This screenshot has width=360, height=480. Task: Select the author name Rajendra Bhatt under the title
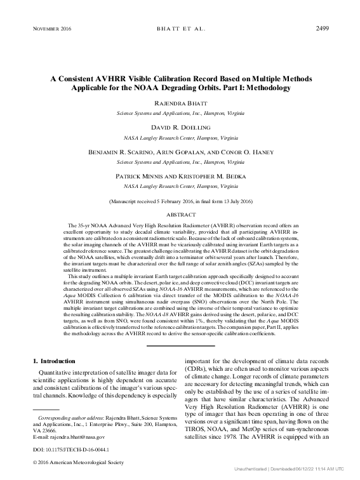tap(180, 103)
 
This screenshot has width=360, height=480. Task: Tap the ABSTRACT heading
tap(180, 215)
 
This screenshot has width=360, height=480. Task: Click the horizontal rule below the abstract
tap(180, 346)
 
